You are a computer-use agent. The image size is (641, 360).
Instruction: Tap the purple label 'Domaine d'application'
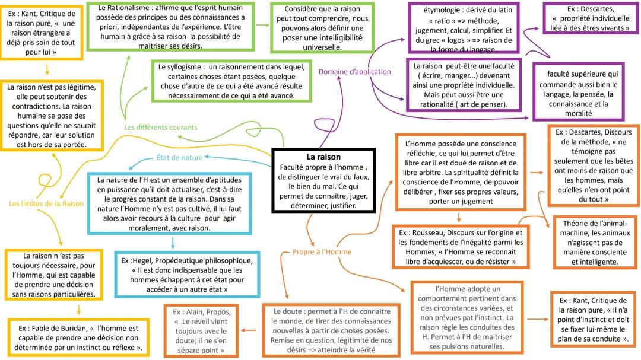pyautogui.click(x=355, y=72)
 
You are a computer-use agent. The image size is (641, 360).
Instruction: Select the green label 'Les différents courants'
pyautogui.click(x=160, y=128)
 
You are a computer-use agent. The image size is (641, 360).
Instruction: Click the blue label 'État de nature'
pyautogui.click(x=179, y=158)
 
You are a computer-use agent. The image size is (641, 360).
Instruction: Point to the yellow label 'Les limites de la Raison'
pyautogui.click(x=46, y=203)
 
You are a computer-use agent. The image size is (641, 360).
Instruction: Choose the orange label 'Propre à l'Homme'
pyautogui.click(x=322, y=252)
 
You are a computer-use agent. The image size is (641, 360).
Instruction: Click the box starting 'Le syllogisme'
pyautogui.click(x=231, y=81)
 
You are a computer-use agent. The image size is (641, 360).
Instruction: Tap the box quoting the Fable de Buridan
pyautogui.click(x=79, y=337)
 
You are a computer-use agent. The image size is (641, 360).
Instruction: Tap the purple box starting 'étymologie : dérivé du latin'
pyautogui.click(x=465, y=27)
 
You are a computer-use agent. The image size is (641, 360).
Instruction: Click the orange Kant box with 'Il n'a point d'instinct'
pyautogui.click(x=593, y=319)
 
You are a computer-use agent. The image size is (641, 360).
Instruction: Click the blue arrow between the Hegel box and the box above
pyautogui.click(x=173, y=243)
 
